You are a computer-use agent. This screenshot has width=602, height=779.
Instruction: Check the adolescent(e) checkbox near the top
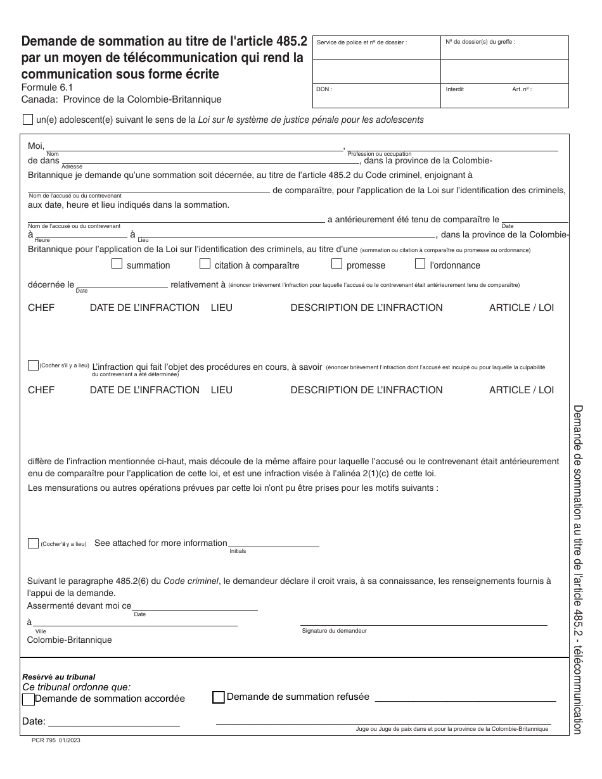coord(28,119)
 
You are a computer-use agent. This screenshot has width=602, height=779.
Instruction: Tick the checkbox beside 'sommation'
coord(117,264)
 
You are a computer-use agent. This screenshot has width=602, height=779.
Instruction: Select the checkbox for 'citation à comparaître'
coord(205,264)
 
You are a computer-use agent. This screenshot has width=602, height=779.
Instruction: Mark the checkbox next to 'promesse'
coord(337,264)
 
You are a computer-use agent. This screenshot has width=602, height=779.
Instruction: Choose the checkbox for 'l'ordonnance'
coord(420,264)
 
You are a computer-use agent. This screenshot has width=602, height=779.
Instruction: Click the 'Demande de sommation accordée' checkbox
coord(29,699)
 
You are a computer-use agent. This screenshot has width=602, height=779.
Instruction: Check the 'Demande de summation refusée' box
coord(218,697)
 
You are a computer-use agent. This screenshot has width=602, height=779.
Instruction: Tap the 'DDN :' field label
coord(324,89)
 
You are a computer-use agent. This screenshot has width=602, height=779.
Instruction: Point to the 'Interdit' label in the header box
coord(455,89)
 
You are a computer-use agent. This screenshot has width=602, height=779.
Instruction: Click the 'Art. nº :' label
coord(522,89)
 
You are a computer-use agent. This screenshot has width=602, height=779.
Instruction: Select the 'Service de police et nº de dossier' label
coord(361,42)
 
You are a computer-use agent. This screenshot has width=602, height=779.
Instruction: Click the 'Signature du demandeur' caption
coord(334,631)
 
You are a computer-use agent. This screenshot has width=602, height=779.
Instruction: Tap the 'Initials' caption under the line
coord(238,551)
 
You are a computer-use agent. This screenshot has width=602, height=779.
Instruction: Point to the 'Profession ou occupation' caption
coord(380,154)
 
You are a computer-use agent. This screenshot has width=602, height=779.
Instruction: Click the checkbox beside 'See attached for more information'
coord(33,543)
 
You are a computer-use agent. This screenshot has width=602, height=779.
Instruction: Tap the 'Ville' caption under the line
coord(41,631)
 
